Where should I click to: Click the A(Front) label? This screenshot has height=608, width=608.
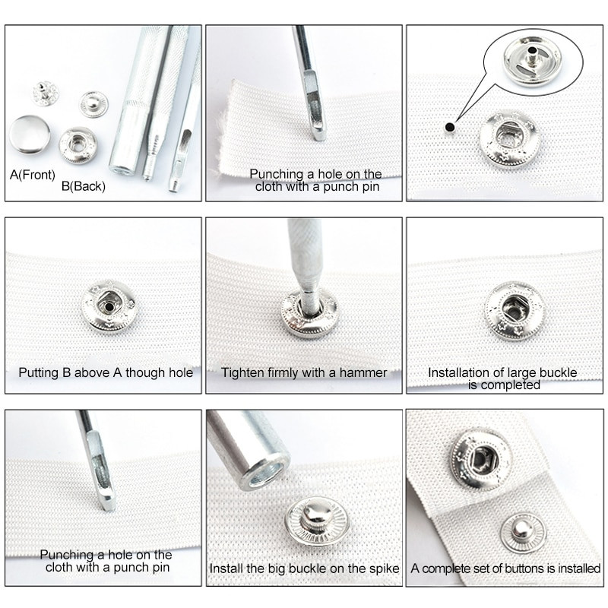(33, 175)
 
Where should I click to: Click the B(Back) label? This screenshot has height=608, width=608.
(84, 186)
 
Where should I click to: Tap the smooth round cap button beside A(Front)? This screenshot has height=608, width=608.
(30, 135)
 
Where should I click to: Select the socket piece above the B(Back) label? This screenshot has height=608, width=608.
(78, 145)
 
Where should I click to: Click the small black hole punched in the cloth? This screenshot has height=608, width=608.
(450, 127)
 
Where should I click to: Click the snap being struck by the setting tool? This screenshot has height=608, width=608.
(309, 314)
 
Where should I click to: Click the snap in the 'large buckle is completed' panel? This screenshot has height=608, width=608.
(515, 311)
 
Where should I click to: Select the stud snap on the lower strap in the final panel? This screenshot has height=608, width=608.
(523, 534)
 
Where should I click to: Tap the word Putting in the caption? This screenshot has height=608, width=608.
(39, 373)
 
